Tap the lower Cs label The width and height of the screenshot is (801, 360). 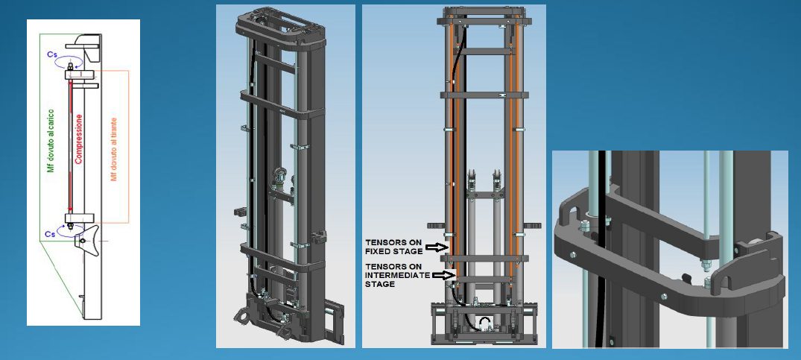[51, 233]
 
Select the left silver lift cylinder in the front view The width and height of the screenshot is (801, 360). [472, 224]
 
